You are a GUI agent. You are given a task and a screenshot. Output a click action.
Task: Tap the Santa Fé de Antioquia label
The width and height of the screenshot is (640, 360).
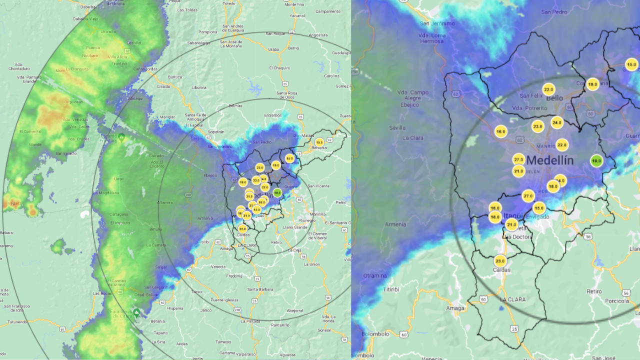[198, 117]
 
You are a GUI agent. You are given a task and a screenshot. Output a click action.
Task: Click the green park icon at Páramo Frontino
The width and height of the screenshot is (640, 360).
[121, 136]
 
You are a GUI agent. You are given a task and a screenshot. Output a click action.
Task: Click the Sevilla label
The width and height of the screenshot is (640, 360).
[397, 127]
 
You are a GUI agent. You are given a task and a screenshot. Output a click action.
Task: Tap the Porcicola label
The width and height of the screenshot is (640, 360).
[616, 301]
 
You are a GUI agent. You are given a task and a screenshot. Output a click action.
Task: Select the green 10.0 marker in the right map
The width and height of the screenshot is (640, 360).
[596, 161]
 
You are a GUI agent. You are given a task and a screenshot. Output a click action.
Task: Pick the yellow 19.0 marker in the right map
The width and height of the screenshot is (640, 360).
[592, 84]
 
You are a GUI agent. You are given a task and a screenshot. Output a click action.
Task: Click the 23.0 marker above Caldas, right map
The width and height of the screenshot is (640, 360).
[500, 261]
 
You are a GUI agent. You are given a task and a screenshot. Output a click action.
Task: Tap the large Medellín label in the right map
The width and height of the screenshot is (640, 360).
[550, 161]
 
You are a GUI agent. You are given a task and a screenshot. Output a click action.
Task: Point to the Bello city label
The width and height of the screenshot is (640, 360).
[554, 98]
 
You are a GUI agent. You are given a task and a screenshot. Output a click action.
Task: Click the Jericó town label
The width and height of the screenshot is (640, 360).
[206, 310]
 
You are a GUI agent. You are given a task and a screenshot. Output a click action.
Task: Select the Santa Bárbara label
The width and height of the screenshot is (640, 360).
[259, 289]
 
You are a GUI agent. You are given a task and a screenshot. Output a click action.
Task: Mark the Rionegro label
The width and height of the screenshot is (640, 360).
[306, 220]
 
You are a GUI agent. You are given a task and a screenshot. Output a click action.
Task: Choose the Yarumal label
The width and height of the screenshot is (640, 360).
[297, 15]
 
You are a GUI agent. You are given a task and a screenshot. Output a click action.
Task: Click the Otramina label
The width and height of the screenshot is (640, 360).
[375, 275]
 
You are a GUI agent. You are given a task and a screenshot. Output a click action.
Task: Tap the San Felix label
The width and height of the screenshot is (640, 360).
[531, 95]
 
